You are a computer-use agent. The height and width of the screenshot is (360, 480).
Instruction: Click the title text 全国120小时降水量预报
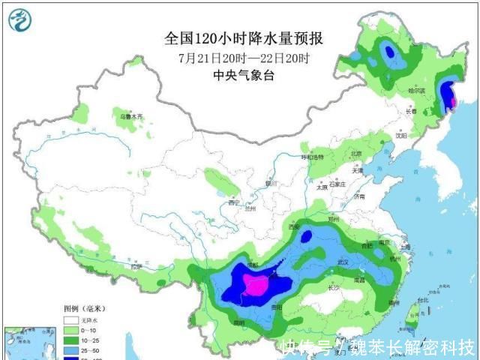tap(238, 38)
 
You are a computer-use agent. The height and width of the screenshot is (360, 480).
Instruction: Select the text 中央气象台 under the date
tap(238, 75)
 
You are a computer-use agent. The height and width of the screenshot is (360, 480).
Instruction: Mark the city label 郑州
tap(334, 220)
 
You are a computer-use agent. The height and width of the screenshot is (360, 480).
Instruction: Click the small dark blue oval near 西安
tap(306, 237)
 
